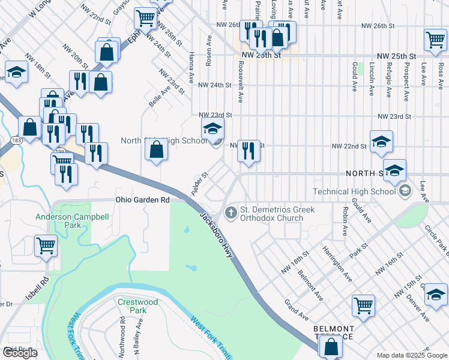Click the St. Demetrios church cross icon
click(231, 213)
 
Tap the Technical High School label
click(354, 191)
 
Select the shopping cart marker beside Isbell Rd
click(46, 245)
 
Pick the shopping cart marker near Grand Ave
click(363, 305)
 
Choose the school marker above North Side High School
click(212, 128)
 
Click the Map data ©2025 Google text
click(411, 355)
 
